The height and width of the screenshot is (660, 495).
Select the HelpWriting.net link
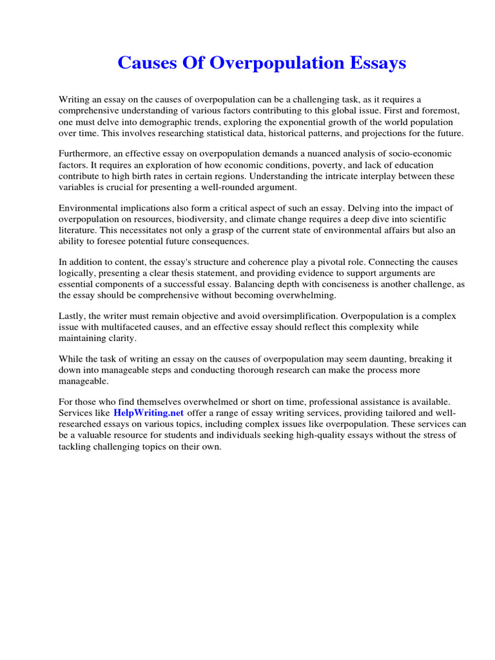(149, 412)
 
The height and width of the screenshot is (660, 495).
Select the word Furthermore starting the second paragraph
(85, 154)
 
